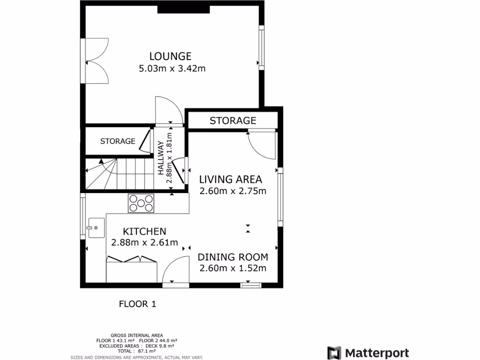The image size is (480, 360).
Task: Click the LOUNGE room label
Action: pyautogui.click(x=170, y=56)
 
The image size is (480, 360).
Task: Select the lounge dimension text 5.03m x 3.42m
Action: pyautogui.click(x=172, y=68)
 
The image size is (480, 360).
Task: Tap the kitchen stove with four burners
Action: pyautogui.click(x=141, y=203)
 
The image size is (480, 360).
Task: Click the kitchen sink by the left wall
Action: pyautogui.click(x=95, y=228)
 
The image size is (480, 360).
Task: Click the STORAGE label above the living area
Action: pyautogui.click(x=232, y=120)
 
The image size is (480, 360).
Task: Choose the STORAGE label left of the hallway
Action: pyautogui.click(x=118, y=141)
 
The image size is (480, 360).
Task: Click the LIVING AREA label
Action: pyautogui.click(x=231, y=179)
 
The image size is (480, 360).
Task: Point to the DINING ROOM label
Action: pyautogui.click(x=232, y=257)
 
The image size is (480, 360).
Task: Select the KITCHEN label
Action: pyautogui.click(x=144, y=231)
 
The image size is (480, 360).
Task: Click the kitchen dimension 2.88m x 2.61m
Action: pyautogui.click(x=144, y=242)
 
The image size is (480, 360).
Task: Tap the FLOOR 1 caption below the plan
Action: pyautogui.click(x=137, y=304)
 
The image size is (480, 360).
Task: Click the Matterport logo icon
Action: pyautogui.click(x=334, y=353)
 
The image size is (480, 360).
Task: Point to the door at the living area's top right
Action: pyautogui.click(x=261, y=145)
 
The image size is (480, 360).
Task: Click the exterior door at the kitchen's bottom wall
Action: pyautogui.click(x=176, y=271)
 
